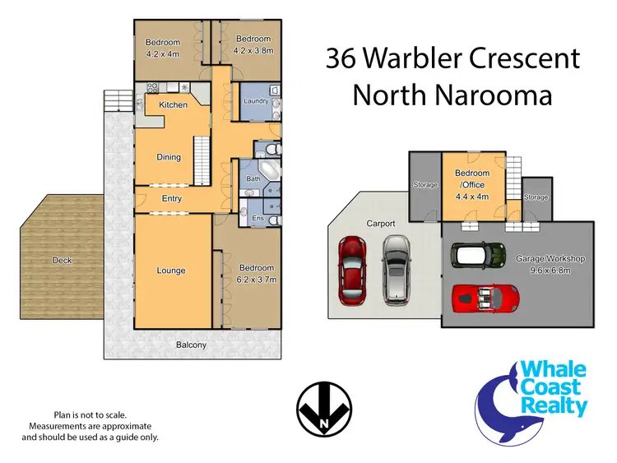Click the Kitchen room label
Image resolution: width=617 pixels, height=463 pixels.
(x=173, y=104)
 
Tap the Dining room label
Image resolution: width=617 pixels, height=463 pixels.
(x=169, y=156)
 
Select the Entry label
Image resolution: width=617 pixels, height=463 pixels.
(x=171, y=198)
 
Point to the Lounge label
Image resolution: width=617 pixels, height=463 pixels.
(x=171, y=271)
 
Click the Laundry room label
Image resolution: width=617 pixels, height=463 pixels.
(x=257, y=101)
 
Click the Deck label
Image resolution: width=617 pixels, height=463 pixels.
(x=62, y=261)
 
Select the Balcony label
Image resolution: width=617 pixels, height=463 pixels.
(x=191, y=345)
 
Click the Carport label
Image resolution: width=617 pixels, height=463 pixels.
(x=381, y=223)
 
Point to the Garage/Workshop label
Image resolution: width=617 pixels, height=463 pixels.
(x=551, y=259)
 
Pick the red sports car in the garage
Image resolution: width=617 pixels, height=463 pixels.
(x=485, y=296)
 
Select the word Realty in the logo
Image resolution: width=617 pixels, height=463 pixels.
(x=556, y=405)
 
